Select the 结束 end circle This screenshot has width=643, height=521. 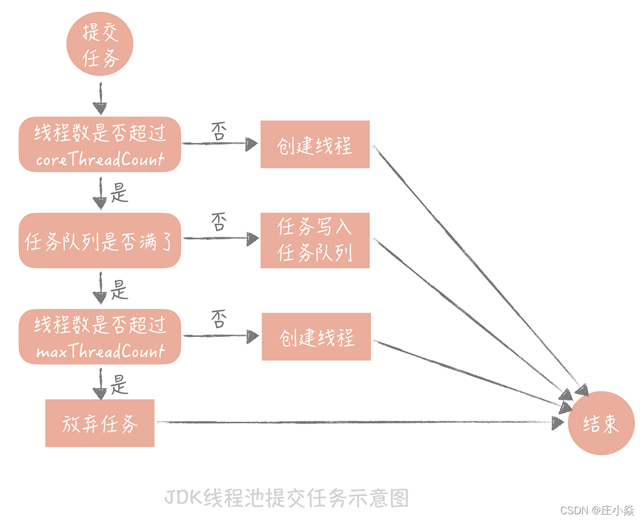[601, 424]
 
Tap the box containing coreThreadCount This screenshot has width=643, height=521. [100, 144]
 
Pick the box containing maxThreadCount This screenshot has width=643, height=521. [100, 336]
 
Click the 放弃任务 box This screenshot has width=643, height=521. [100, 423]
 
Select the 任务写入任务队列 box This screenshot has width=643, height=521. [315, 240]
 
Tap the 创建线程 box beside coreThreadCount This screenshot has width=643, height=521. [315, 144]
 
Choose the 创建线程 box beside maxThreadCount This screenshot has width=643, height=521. [316, 337]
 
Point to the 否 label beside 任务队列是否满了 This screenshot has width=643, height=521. [218, 222]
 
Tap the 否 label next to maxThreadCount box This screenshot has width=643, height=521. [218, 319]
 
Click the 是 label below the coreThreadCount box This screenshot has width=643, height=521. [119, 194]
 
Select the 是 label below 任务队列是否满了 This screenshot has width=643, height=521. [119, 290]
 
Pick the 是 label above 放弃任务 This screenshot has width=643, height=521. [119, 385]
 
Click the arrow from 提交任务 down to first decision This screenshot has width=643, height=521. [100, 98]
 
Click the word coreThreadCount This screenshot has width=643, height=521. [100, 159]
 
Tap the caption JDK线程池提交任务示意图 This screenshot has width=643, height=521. [286, 498]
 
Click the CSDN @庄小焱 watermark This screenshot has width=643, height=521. [597, 510]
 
